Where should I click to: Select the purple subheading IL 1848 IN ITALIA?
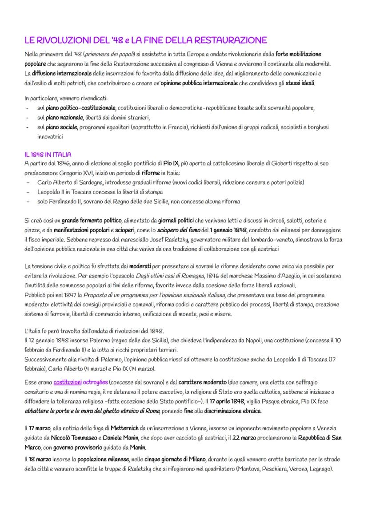[x=48, y=155]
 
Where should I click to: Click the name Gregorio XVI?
[x=79, y=173]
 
